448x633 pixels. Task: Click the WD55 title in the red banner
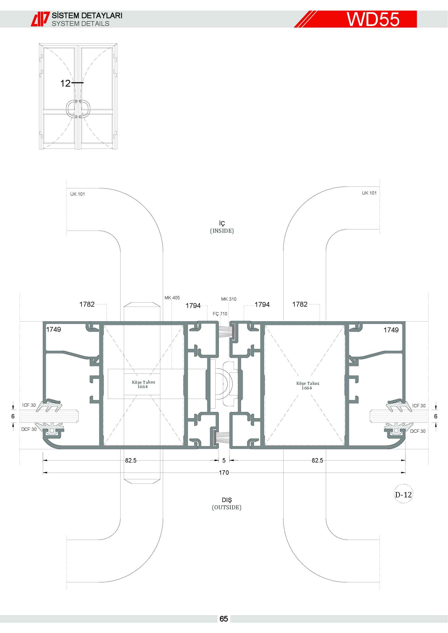coord(373,19)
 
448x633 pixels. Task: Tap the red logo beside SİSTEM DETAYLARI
coord(40,19)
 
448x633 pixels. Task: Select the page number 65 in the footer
coord(224,619)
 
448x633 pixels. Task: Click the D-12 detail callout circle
coord(403,495)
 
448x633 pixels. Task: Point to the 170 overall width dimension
coord(224,473)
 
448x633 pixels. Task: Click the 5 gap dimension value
coord(224,460)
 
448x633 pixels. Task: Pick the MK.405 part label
coord(172,298)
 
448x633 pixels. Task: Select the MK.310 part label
coord(229,299)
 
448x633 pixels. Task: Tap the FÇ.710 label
coord(220,314)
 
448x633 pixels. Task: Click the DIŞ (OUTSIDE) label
coord(227,504)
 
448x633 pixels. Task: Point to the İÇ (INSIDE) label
coord(222,227)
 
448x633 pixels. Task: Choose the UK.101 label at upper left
coord(77,194)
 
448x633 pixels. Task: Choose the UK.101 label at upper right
coord(369,193)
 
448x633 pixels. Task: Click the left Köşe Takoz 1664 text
coord(144,384)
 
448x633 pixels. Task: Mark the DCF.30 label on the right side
coord(418,431)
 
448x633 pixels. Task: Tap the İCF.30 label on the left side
coord(29,405)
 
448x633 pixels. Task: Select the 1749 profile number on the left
coord(54,329)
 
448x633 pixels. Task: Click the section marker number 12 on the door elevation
coord(65,83)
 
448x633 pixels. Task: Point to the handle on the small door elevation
coord(78,109)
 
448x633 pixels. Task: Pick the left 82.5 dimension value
coord(131,460)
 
